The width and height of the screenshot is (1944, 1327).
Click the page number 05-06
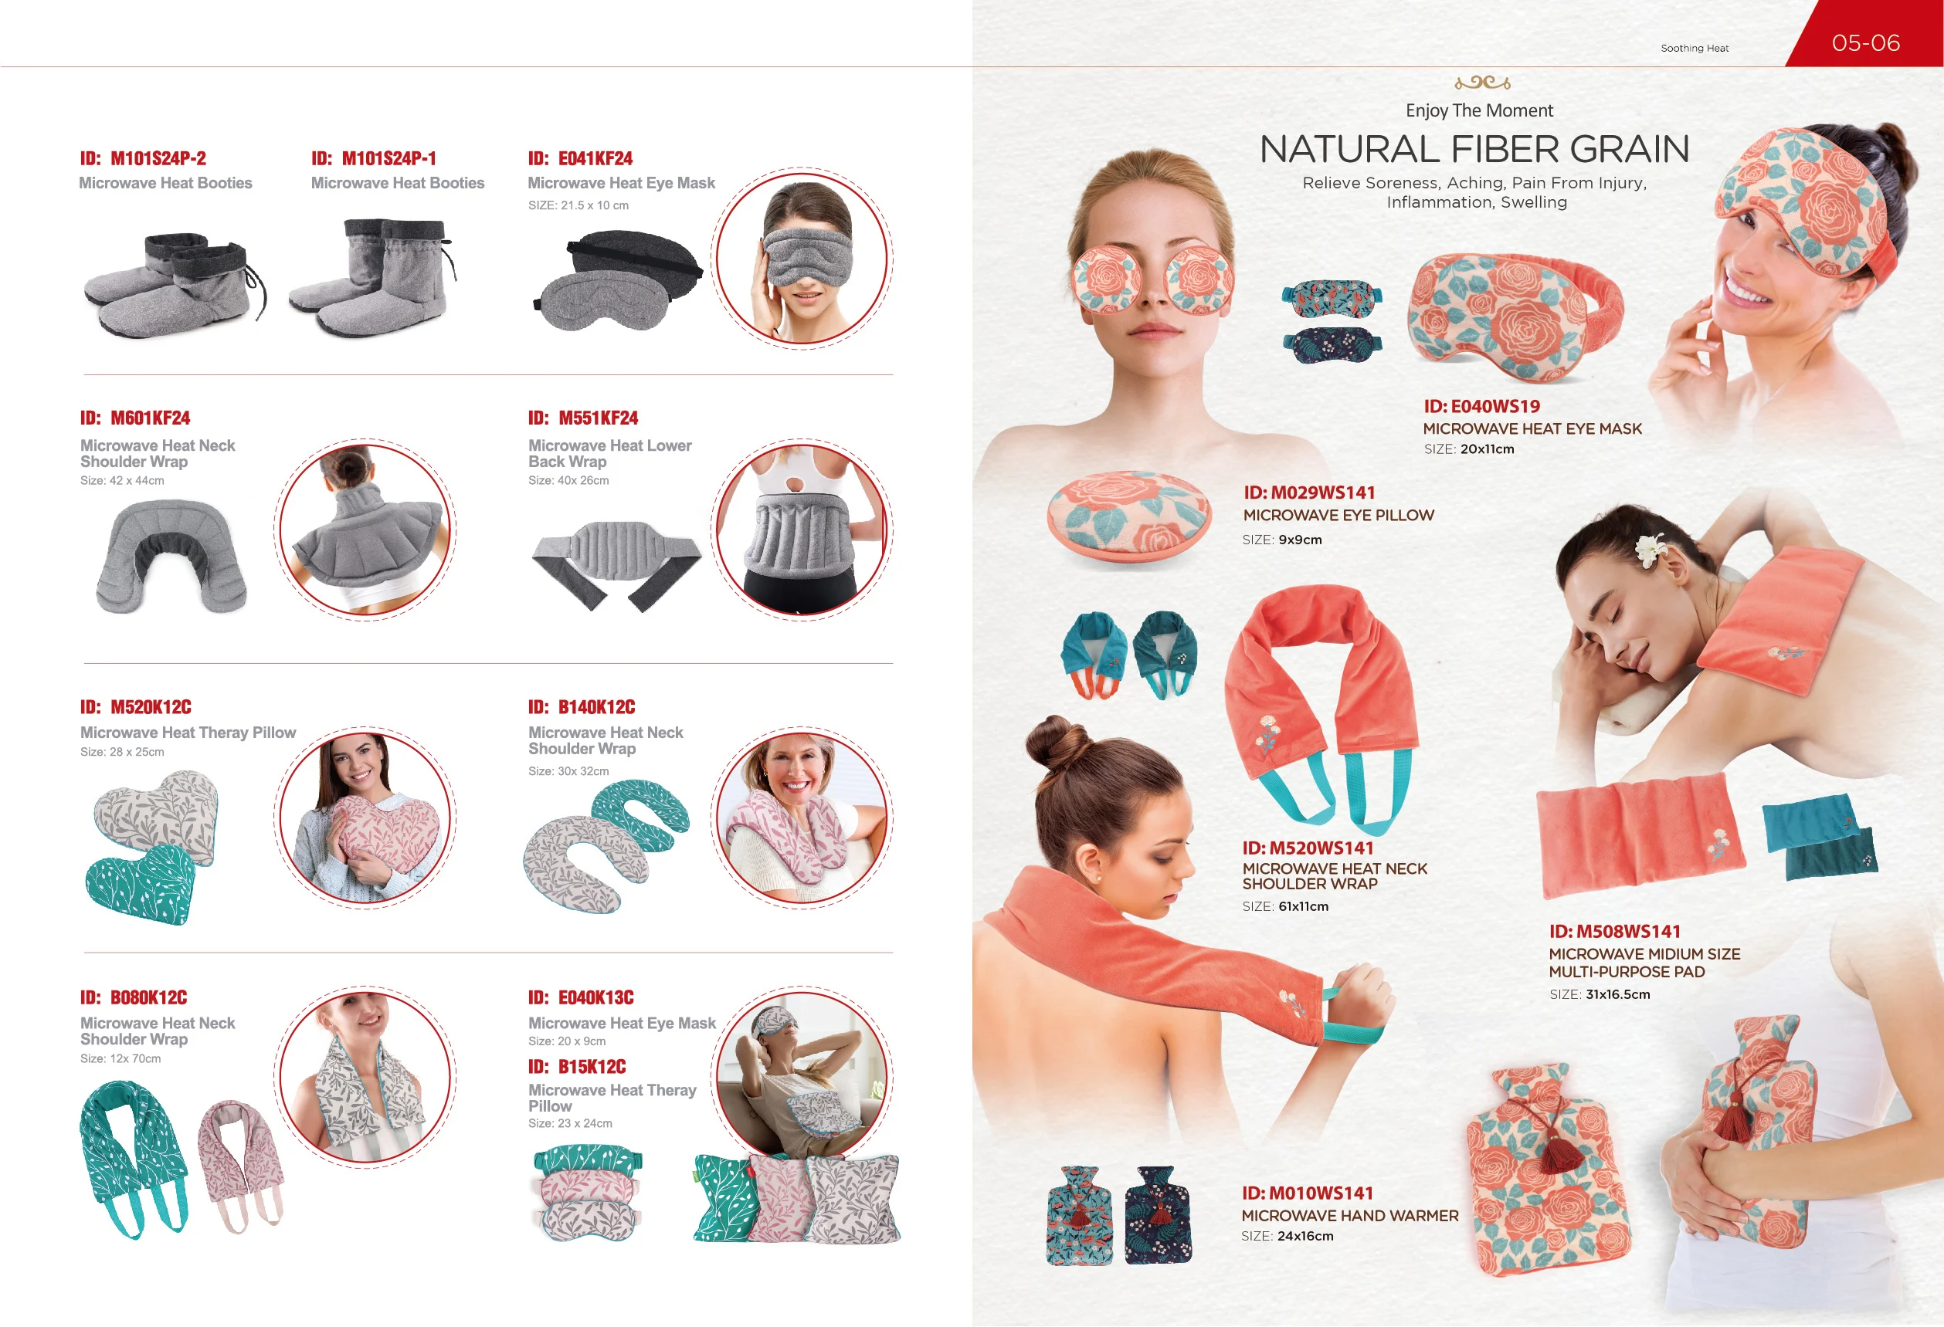pyautogui.click(x=1864, y=42)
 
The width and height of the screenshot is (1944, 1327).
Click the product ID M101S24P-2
pyautogui.click(x=143, y=158)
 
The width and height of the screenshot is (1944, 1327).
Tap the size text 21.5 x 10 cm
pyautogui.click(x=578, y=205)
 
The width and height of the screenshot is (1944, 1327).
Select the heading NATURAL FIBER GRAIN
pyautogui.click(x=1474, y=149)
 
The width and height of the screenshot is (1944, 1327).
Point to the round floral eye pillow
pyautogui.click(x=1127, y=519)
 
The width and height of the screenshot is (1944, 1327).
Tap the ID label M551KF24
pyautogui.click(x=582, y=418)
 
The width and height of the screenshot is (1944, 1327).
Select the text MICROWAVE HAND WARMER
pyautogui.click(x=1349, y=1215)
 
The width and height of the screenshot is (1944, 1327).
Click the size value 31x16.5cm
pyautogui.click(x=1617, y=994)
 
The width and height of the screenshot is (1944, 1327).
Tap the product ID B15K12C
pyautogui.click(x=576, y=1066)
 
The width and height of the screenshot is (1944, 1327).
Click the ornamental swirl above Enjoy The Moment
pyautogui.click(x=1481, y=82)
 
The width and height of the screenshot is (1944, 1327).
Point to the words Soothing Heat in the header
pyautogui.click(x=1694, y=49)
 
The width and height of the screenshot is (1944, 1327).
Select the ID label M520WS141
pyautogui.click(x=1308, y=848)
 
